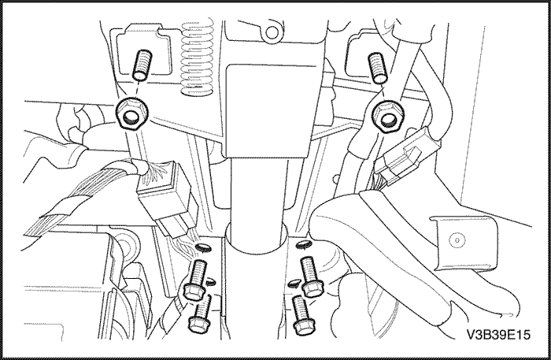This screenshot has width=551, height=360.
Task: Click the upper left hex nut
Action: point(131,113)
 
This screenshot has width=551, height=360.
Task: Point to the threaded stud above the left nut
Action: point(142,65)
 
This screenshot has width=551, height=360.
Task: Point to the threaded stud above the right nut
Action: point(377,69)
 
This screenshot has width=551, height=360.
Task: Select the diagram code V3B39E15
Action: point(498,334)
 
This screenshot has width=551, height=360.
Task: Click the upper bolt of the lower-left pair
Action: point(197,280)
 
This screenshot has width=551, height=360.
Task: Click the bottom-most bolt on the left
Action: point(200,315)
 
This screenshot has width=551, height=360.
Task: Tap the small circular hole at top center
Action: point(272,32)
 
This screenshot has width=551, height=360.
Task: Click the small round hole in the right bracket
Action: point(457,240)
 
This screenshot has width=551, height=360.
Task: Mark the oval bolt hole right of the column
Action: point(304,244)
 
